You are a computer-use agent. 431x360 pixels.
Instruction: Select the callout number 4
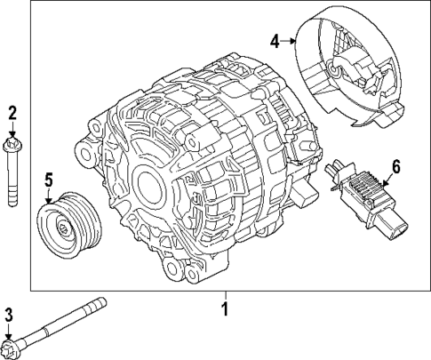275,39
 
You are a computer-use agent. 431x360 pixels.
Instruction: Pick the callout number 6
395,166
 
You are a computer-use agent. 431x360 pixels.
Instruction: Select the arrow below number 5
50,196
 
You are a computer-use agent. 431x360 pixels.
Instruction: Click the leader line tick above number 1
225,296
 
